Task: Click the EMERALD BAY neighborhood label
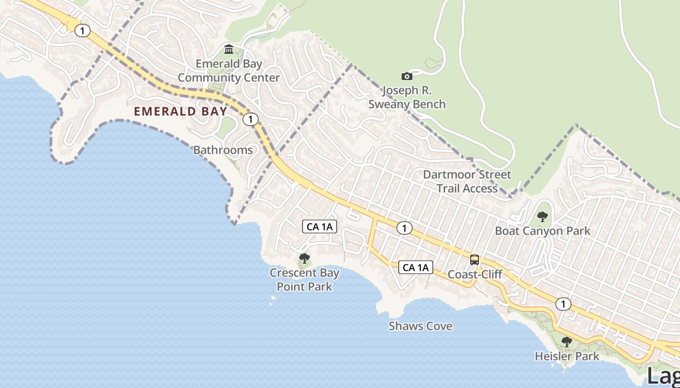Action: point(180,112)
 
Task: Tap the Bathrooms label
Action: point(223,150)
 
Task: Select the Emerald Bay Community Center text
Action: point(229,71)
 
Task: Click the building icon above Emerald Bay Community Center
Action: point(229,49)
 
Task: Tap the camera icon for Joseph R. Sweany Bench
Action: point(407,76)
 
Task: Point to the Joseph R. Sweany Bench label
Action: point(407,97)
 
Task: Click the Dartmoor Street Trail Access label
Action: point(467,181)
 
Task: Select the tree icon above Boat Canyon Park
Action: point(543,217)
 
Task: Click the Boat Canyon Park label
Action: point(543,231)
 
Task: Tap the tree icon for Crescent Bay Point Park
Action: point(305,259)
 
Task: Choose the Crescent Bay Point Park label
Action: point(305,280)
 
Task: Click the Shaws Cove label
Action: point(420,326)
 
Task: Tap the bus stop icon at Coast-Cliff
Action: point(475,260)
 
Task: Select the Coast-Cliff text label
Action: point(475,275)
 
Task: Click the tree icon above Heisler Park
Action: point(566,342)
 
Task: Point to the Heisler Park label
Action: point(566,356)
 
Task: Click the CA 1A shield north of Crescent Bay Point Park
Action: point(320,226)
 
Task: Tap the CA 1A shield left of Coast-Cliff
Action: point(416,267)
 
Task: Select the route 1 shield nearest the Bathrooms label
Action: point(250,119)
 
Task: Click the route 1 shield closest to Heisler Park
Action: point(563,304)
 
